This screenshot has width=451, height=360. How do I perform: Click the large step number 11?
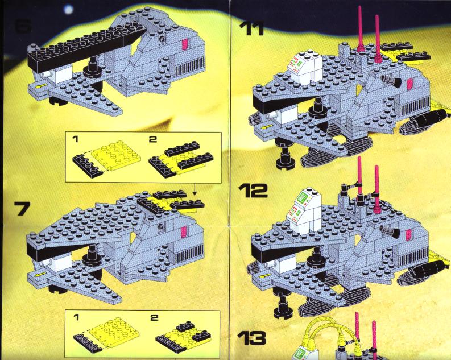tap(252, 28)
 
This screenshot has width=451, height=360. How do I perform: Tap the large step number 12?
tap(253, 191)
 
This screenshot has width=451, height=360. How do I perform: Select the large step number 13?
tap(252, 338)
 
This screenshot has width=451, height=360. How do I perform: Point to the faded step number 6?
tap(22, 26)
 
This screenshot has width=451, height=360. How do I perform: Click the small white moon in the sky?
tap(69, 10)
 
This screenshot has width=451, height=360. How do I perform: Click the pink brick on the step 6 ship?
tap(185, 45)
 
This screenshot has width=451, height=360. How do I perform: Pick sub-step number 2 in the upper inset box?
tap(153, 139)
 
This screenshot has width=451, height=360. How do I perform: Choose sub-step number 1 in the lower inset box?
tap(76, 317)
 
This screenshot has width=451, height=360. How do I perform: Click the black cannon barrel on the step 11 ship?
tap(391, 80)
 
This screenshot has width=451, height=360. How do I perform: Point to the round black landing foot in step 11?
tap(285, 163)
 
